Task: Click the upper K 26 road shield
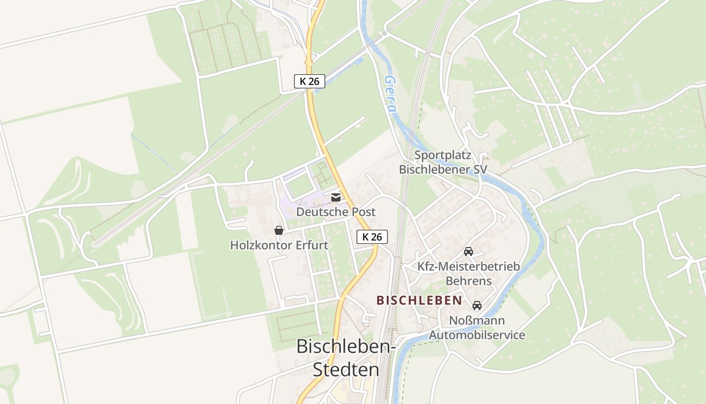[310, 81]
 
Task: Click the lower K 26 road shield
[372, 236]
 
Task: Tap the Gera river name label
[390, 94]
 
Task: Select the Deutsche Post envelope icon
[336, 197]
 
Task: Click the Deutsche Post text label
[336, 212]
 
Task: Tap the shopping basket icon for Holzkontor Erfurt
[278, 230]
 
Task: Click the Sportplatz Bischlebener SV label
[443, 162]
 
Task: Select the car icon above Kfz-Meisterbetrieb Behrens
[468, 251]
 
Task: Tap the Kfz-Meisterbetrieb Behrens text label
[468, 273]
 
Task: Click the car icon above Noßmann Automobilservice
[477, 306]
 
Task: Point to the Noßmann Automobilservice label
[477, 327]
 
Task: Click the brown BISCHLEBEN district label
[419, 300]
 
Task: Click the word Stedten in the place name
[346, 369]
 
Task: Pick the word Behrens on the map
[468, 280]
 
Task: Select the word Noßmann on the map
[477, 320]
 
